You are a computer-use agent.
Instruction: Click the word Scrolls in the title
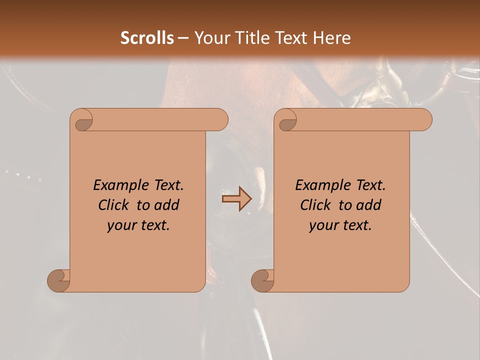(x=147, y=37)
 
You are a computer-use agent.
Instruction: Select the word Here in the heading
(x=331, y=37)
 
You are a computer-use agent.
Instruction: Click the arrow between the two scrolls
(x=236, y=199)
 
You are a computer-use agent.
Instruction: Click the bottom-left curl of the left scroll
(x=59, y=280)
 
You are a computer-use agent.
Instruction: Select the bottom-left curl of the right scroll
(x=263, y=280)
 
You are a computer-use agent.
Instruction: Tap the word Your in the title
(x=210, y=37)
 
